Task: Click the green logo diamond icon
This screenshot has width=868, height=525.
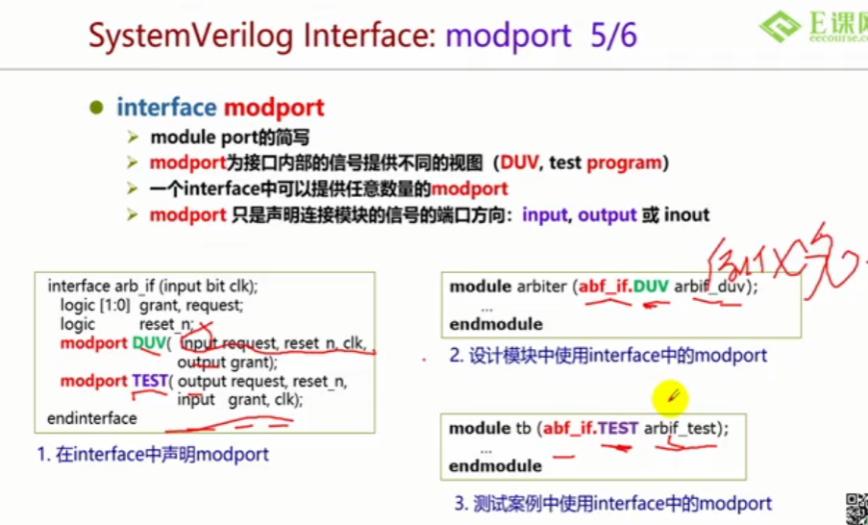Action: tap(780, 26)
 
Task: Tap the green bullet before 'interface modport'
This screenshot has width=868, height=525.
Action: tap(95, 108)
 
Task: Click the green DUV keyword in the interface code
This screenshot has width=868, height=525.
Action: tap(149, 343)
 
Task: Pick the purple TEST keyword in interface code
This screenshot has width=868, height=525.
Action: tap(150, 381)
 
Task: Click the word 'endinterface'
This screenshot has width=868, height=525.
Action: tap(92, 418)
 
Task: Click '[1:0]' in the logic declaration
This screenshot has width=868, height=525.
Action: tap(117, 306)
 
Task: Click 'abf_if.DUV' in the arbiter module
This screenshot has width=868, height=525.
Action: tap(623, 287)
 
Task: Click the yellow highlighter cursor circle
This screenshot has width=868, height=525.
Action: tap(669, 395)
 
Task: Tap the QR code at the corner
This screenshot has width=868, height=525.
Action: tap(856, 509)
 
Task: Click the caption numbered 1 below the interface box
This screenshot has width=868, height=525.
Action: tap(154, 455)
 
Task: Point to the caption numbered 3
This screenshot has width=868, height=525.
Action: tap(613, 502)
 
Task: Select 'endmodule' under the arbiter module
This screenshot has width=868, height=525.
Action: tap(496, 324)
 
